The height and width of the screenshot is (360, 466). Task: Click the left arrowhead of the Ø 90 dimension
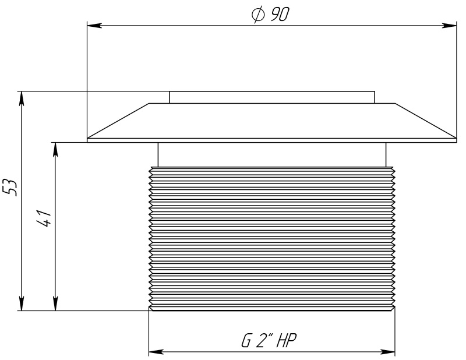(x=93, y=25)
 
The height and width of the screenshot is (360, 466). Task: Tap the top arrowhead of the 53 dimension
(x=22, y=97)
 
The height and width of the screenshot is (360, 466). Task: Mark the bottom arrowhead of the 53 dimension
(x=22, y=304)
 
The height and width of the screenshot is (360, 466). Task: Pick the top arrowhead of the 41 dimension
(x=55, y=149)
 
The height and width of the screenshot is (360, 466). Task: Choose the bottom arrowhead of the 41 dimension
(x=55, y=304)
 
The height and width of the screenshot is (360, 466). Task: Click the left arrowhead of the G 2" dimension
(x=156, y=352)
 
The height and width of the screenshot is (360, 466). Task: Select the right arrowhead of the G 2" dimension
(x=389, y=352)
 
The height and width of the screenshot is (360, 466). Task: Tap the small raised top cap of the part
(x=272, y=97)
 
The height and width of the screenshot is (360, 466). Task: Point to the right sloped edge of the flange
(x=426, y=121)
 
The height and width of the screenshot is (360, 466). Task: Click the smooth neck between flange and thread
(x=272, y=154)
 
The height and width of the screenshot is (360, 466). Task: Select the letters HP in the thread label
(x=290, y=341)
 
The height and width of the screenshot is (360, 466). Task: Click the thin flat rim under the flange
(x=272, y=140)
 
